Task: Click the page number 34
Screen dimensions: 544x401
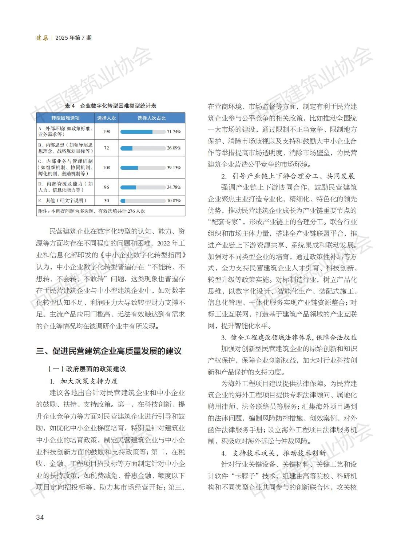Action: click(40, 517)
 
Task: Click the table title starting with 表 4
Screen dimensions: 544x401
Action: click(111, 106)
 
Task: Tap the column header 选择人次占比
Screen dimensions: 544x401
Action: click(151, 118)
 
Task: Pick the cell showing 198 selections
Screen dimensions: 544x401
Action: click(106, 131)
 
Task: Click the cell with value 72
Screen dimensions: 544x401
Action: click(106, 148)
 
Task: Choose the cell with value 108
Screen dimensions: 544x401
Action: click(106, 168)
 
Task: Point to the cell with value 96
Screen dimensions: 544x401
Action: click(106, 187)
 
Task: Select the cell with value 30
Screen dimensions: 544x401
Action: click(106, 201)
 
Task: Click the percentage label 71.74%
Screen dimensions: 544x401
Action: click(174, 132)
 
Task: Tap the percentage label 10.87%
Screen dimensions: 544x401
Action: click(174, 201)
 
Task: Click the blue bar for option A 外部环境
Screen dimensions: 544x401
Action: click(136, 132)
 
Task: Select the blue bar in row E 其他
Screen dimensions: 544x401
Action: click(123, 201)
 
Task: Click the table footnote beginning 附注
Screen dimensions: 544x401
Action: click(92, 211)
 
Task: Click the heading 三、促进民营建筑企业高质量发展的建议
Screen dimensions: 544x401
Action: click(109, 351)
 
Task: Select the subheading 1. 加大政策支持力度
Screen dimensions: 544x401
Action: click(84, 381)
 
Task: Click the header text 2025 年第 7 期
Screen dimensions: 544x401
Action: click(74, 38)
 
